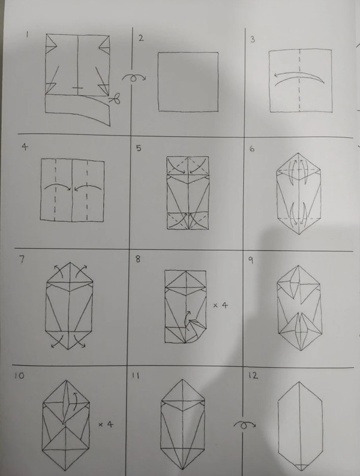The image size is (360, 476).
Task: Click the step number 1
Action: click(28, 35)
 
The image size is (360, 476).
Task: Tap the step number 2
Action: click(140, 38)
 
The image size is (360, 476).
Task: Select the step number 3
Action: click(253, 40)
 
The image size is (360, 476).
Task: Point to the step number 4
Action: click(25, 147)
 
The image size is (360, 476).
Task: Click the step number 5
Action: click(139, 148)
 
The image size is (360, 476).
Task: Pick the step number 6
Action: click(252, 149)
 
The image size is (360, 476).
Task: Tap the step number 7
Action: click(22, 260)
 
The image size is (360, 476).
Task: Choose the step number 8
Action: click(138, 259)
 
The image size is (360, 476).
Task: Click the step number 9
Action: click(251, 260)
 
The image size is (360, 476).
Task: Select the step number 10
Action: click(19, 376)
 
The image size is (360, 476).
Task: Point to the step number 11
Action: click(135, 376)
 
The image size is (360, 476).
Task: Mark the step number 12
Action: click(253, 375)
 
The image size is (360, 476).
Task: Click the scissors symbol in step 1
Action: click(115, 99)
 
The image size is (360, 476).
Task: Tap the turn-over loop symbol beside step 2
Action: click(134, 78)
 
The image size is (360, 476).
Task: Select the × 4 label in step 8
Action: click(220, 305)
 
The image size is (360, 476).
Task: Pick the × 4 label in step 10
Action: click(106, 424)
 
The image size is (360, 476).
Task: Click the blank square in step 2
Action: click(188, 82)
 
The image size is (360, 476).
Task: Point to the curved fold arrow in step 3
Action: click(299, 78)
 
